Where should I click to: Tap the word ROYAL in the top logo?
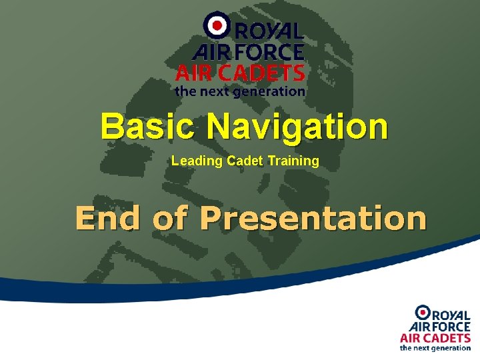267,31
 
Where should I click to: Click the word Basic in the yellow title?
148,126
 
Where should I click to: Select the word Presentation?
313,219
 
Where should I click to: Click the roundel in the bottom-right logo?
423,312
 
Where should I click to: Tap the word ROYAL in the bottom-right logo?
453,314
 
